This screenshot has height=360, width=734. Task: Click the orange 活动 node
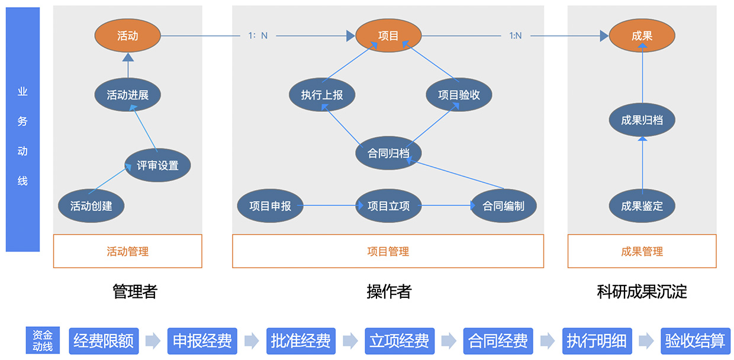(127, 36)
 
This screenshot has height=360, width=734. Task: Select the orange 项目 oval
(388, 36)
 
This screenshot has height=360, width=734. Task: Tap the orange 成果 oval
(642, 36)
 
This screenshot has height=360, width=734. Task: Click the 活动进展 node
(127, 95)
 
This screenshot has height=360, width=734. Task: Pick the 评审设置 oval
(157, 165)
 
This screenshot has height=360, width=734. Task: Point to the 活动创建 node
(91, 206)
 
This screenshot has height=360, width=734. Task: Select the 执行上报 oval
(321, 95)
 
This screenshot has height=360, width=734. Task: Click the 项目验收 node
(459, 95)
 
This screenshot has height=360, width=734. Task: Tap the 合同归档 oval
(388, 153)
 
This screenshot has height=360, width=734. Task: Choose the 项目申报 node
(270, 206)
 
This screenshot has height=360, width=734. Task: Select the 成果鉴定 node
(642, 206)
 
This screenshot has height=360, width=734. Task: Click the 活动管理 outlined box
(127, 251)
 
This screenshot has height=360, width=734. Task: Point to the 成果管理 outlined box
(642, 251)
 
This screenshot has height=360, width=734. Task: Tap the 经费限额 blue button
(103, 341)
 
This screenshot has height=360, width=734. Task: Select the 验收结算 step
(695, 341)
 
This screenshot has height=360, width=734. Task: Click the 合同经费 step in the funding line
(498, 341)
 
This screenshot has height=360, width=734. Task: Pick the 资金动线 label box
(43, 341)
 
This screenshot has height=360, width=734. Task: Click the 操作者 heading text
(388, 291)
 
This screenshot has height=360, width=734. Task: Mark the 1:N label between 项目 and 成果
(516, 36)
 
